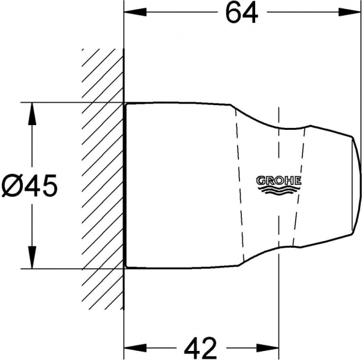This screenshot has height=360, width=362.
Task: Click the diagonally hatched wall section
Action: click(x=100, y=181)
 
